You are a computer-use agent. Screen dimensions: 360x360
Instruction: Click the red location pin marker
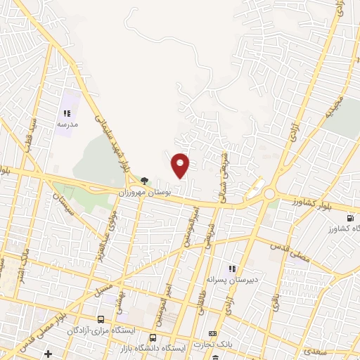click(x=181, y=165)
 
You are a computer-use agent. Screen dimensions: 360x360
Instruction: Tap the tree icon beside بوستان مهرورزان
click(x=145, y=181)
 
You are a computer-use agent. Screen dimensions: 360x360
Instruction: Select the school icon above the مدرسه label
click(x=67, y=112)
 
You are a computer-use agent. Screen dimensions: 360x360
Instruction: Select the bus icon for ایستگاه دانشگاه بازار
click(x=153, y=337)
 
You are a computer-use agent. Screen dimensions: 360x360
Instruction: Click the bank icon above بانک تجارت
click(x=212, y=333)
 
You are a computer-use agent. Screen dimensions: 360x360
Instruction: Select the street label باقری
click(x=274, y=305)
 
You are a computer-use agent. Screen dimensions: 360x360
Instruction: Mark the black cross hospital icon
click(x=49, y=352)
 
